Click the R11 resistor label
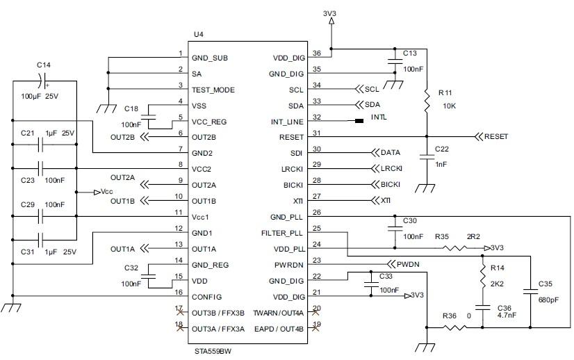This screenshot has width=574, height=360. tap(445, 92)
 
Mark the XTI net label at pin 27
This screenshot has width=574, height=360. tap(386, 200)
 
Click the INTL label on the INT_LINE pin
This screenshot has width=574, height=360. tap(379, 117)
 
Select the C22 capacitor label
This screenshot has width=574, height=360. tap(442, 149)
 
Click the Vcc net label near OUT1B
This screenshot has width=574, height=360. tap(107, 192)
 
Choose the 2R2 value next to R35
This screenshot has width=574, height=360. tap(473, 237)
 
